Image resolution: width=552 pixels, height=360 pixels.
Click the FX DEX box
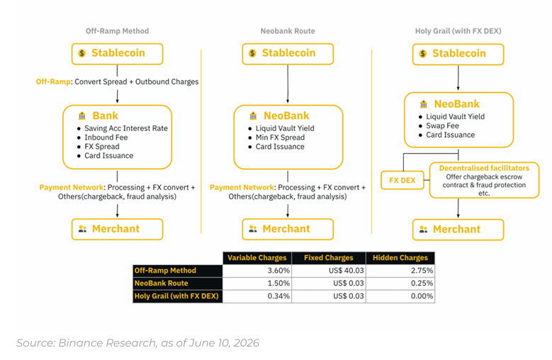402,181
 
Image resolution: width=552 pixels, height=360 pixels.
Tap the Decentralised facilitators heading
484,168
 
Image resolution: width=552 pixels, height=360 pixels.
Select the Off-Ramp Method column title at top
117,31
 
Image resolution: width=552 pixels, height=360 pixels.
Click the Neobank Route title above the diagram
288,31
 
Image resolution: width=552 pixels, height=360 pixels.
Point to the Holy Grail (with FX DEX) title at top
458,31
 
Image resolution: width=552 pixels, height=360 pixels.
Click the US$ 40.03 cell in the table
329,271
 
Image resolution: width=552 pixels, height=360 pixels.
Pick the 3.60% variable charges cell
257,271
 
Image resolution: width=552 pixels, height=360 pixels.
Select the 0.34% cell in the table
257,296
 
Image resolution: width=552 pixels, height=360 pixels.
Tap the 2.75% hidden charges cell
400,271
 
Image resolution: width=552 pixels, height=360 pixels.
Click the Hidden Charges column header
400,258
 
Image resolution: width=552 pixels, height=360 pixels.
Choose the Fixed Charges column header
329,258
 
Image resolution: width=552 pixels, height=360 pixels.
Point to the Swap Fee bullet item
442,125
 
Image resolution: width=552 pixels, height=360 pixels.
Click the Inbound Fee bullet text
106,137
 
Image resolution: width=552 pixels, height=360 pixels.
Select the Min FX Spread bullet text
280,137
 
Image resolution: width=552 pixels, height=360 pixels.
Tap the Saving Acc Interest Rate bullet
126,128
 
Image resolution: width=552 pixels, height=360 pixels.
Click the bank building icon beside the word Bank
82,116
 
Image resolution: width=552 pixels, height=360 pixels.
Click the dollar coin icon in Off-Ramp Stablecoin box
82,53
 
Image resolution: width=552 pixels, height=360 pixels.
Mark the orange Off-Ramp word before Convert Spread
53,81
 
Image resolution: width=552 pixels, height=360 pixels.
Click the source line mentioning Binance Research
137,343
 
